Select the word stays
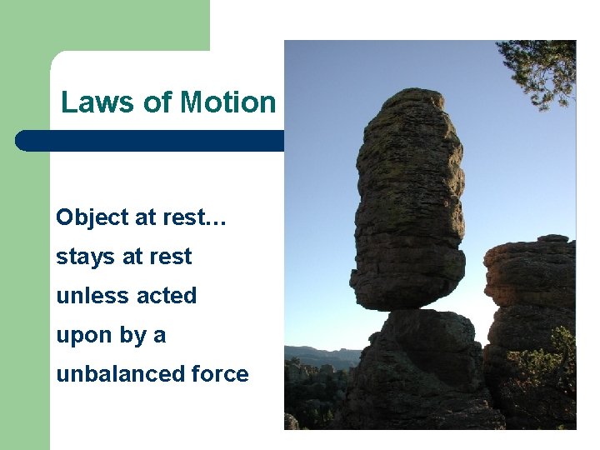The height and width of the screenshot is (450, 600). pyautogui.click(x=79, y=257)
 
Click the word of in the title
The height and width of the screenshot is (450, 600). pyautogui.click(x=156, y=102)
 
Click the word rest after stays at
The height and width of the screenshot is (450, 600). pyautogui.click(x=172, y=257)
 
